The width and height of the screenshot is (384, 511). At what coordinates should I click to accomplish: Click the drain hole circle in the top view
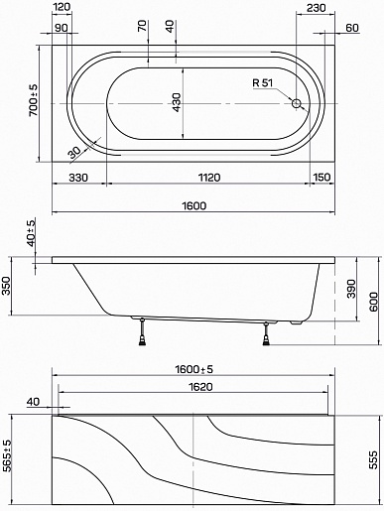coord(297,103)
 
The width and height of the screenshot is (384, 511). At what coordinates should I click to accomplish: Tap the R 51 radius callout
coord(263,83)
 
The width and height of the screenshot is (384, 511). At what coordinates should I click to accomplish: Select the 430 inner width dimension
coord(177,102)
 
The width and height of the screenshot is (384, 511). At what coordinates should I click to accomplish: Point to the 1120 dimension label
coord(209,178)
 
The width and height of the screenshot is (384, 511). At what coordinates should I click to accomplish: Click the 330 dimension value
coord(78,178)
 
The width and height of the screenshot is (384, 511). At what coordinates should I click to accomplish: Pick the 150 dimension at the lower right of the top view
coord(321,178)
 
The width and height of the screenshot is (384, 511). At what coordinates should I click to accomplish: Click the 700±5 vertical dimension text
coord(34,100)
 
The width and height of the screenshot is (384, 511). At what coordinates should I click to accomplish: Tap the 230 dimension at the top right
coord(316,8)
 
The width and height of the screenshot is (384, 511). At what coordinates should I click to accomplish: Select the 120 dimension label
coord(62,7)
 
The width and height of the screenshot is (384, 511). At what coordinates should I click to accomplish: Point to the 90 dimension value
coord(61,28)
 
